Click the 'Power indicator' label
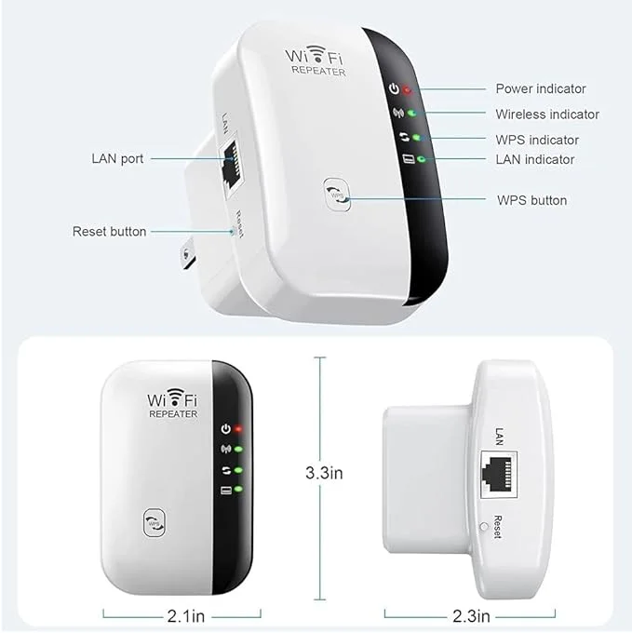541,88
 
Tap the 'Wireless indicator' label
547,114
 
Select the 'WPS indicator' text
537,140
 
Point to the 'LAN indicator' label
535,159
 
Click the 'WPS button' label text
531,200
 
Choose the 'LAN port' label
117,158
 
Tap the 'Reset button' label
110,231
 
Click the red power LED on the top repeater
408,90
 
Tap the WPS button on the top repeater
337,195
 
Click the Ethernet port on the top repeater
231,165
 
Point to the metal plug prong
187,253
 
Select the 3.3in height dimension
324,473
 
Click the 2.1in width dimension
186,616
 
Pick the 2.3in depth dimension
471,616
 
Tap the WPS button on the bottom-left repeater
155,523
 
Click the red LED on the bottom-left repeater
238,429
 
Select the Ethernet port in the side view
499,475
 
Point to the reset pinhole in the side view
483,527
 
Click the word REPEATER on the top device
318,70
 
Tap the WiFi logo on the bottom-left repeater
172,398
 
